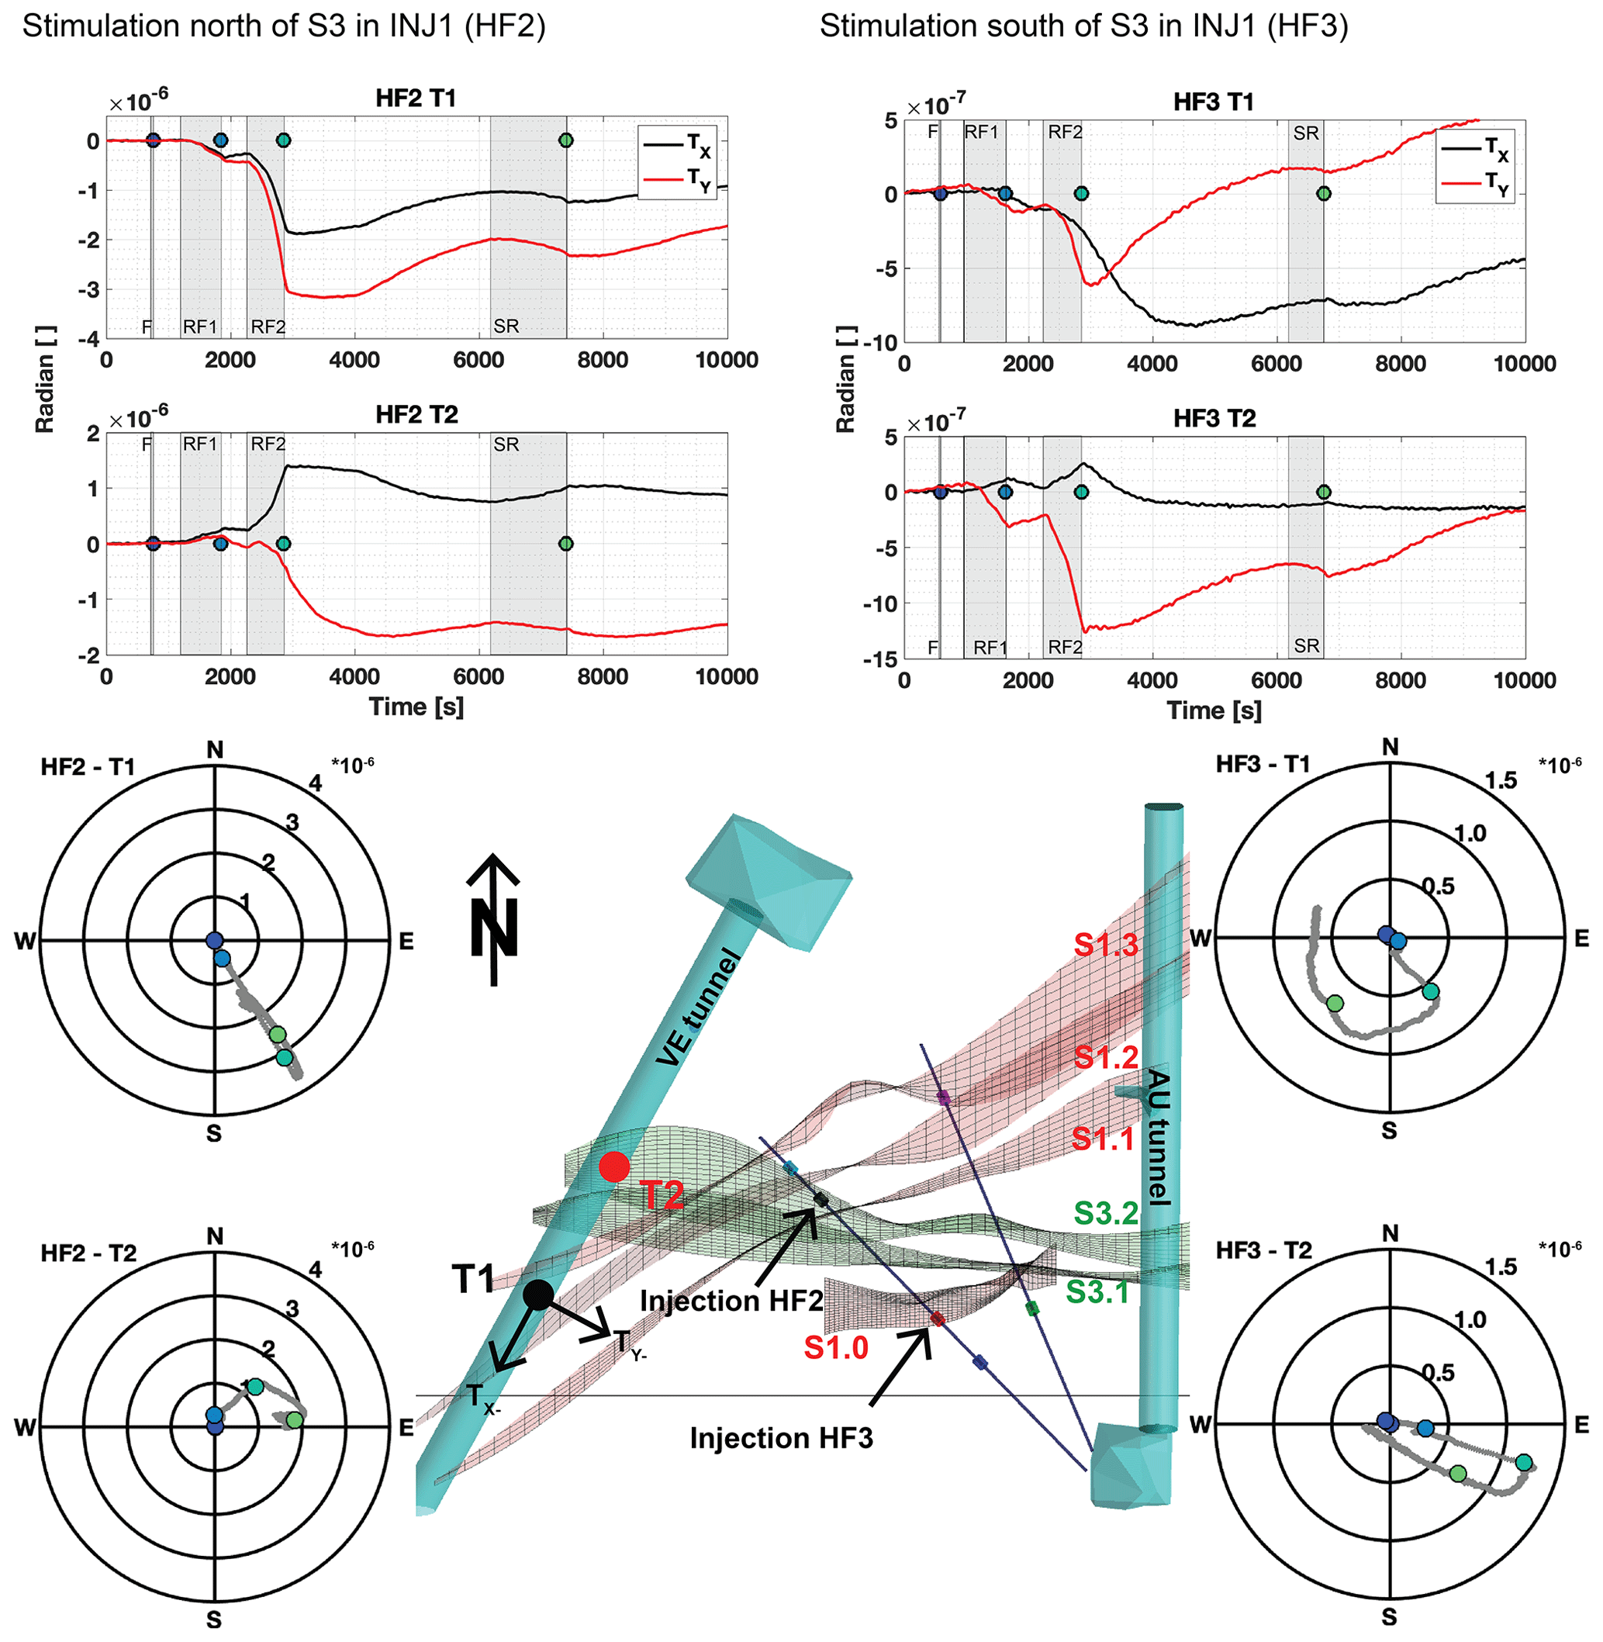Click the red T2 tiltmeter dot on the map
click(x=613, y=1167)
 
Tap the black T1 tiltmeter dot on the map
click(x=538, y=1295)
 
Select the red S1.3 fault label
click(x=1105, y=945)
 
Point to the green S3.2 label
click(x=1105, y=1213)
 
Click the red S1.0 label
click(x=835, y=1348)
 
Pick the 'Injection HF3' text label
click(x=781, y=1438)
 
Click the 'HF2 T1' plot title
click(x=416, y=99)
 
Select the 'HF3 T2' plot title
click(x=1214, y=419)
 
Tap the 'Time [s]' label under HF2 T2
click(x=416, y=707)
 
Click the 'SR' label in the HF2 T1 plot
click(x=506, y=326)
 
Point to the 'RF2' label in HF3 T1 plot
click(x=1065, y=132)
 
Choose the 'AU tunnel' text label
click(x=1159, y=1137)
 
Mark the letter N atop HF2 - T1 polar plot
click(x=215, y=750)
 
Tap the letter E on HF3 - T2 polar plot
click(x=1581, y=1425)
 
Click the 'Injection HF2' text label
click(x=731, y=1301)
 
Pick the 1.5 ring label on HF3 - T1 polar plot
click(x=1501, y=780)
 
